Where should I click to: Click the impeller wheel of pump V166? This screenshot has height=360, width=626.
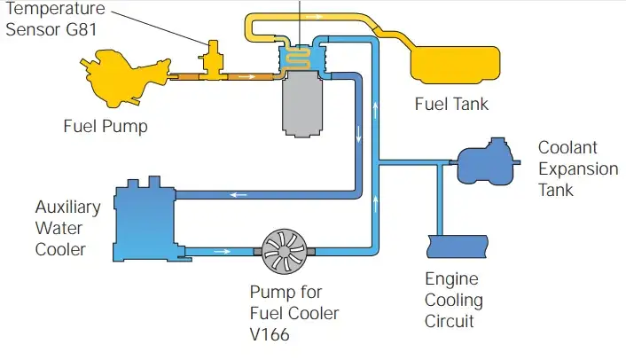pyautogui.click(x=283, y=252)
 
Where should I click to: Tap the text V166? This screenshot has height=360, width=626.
pyautogui.click(x=271, y=334)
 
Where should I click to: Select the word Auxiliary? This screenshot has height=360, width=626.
pyautogui.click(x=67, y=207)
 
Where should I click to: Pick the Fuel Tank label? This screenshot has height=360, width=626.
pyautogui.click(x=451, y=105)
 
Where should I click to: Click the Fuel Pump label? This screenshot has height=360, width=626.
pyautogui.click(x=106, y=126)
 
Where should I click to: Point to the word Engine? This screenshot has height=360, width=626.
pyautogui.click(x=452, y=278)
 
